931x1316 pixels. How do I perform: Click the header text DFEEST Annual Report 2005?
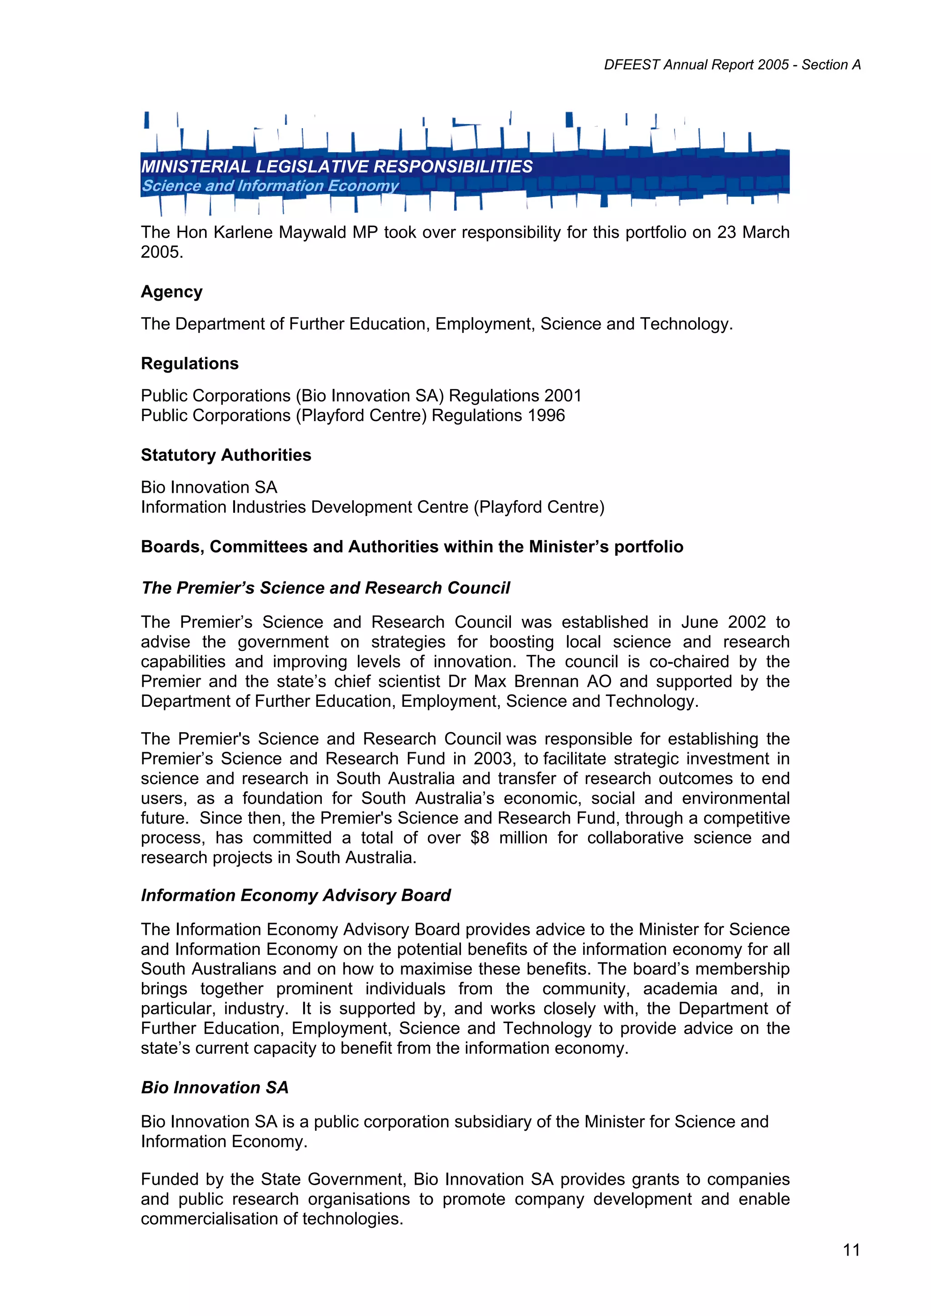(x=696, y=65)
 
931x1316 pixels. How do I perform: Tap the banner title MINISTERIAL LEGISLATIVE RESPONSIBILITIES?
(x=337, y=166)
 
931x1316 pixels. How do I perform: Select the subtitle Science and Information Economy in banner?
(x=270, y=186)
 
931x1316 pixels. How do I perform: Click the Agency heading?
(x=171, y=292)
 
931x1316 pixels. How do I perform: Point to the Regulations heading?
(x=189, y=363)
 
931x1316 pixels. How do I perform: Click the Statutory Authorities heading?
(x=226, y=455)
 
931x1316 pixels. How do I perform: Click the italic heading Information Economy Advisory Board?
(x=295, y=895)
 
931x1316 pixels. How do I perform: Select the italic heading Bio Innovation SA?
(x=215, y=1088)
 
